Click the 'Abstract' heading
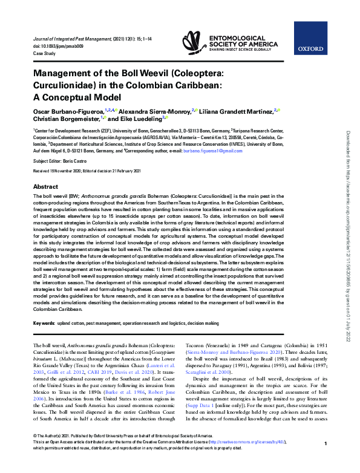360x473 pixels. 45,187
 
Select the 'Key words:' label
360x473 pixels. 44,324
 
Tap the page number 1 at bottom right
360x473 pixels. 326,461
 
